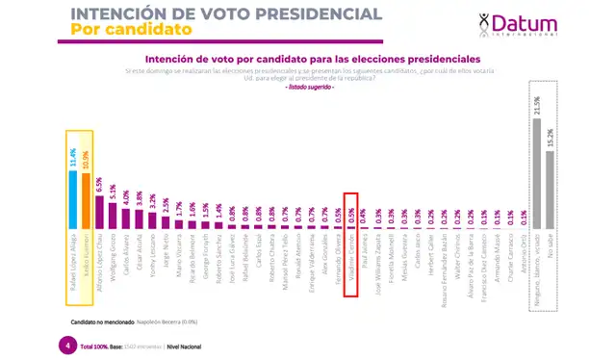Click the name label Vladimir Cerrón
(351, 256)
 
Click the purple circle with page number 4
(66, 344)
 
